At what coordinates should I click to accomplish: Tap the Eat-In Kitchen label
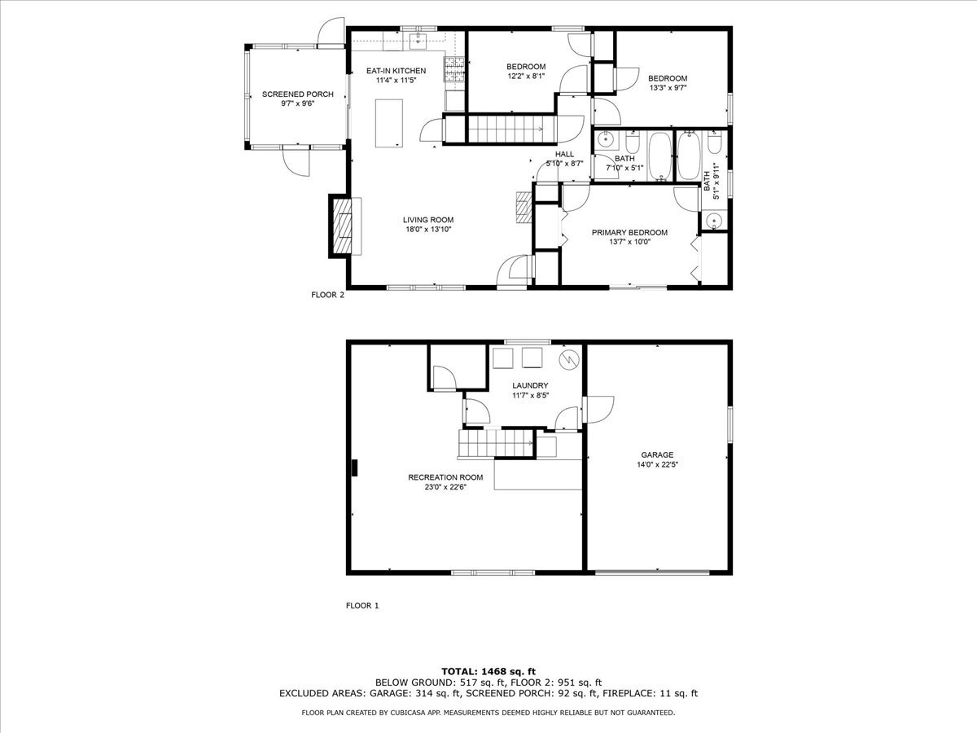click(x=396, y=71)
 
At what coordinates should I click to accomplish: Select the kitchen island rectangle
click(x=389, y=122)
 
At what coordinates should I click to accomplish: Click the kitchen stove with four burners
click(x=453, y=69)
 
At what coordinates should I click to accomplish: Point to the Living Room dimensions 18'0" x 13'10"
click(x=427, y=230)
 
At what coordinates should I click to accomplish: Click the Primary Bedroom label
click(x=629, y=232)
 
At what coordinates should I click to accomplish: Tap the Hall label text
click(x=564, y=154)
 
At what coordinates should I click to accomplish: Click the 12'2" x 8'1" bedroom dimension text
click(x=526, y=77)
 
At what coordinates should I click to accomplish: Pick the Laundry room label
click(x=529, y=385)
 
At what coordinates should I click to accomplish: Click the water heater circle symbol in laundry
click(x=568, y=358)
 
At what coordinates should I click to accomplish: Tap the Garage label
click(x=656, y=455)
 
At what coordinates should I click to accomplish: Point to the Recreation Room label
click(x=445, y=477)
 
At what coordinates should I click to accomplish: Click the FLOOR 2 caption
click(x=328, y=296)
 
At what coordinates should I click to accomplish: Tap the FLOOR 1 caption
click(x=362, y=606)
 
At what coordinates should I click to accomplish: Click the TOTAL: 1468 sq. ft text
click(x=488, y=670)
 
